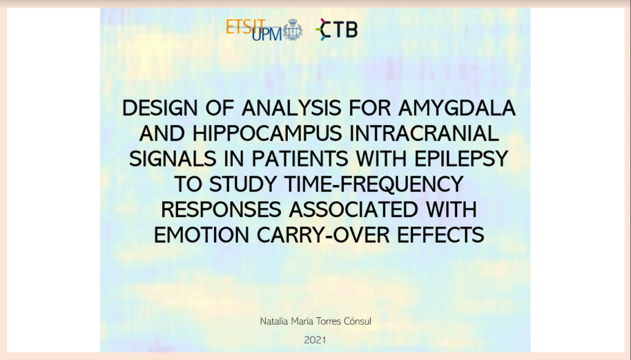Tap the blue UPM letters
click(267, 33)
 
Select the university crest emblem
click(293, 30)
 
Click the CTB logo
click(336, 30)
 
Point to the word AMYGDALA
click(457, 108)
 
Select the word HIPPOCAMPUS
click(267, 134)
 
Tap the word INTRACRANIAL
click(424, 134)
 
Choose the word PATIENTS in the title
click(300, 159)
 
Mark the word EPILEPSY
click(462, 159)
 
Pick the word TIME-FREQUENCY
click(374, 184)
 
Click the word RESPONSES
click(221, 210)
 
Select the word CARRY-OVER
click(323, 235)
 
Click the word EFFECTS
click(441, 235)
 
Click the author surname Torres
click(328, 321)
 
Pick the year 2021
click(315, 340)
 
